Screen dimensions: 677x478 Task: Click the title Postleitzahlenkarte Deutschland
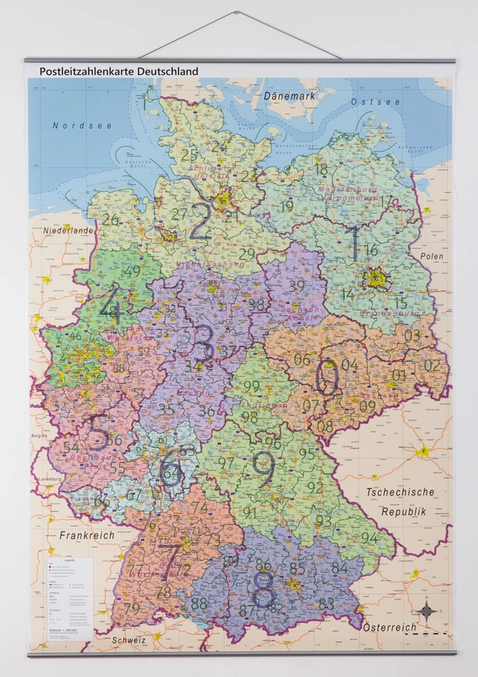[118, 71]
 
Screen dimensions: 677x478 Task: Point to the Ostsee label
[375, 102]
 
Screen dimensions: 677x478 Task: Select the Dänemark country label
[288, 95]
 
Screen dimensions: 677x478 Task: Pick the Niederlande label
[68, 231]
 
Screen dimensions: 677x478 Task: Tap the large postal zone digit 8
[263, 588]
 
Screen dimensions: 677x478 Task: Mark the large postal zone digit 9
[263, 469]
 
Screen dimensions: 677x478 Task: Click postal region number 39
[297, 286]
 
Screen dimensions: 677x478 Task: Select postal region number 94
[369, 537]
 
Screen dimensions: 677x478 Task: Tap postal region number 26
[110, 219]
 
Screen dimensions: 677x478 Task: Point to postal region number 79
[131, 607]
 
